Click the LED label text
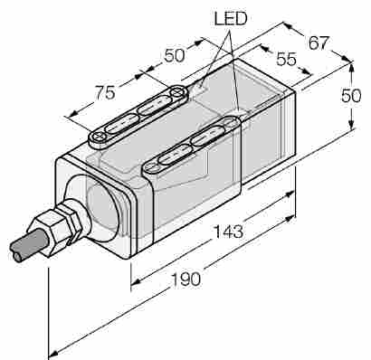[231, 19]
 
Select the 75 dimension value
[105, 92]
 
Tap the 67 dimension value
[319, 43]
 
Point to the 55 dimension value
[287, 59]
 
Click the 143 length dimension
[228, 232]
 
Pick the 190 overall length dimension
[185, 279]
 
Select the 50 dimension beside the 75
[174, 55]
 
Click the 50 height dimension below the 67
[351, 96]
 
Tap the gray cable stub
[28, 244]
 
